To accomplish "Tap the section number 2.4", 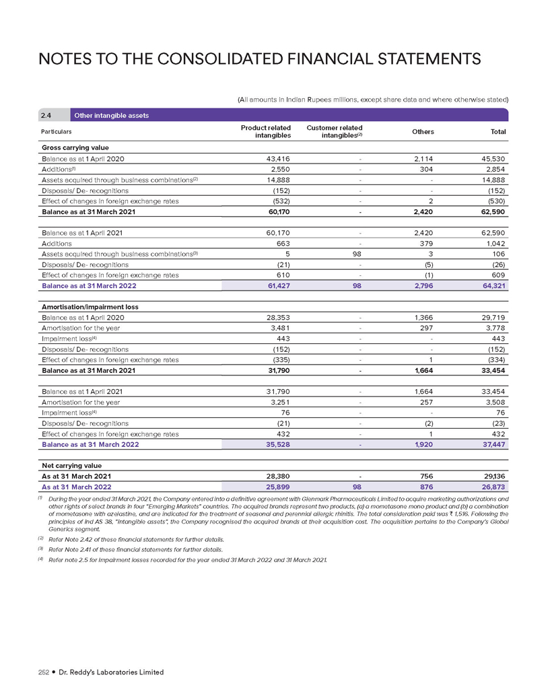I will click(x=50, y=115).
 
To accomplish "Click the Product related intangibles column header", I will click(x=265, y=131).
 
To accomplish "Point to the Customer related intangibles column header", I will click(x=335, y=131).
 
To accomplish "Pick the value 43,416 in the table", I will click(x=277, y=158).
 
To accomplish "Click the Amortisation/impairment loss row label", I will click(x=90, y=306).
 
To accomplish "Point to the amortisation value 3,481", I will click(x=279, y=328).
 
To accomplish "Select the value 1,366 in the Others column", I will click(x=421, y=317).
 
